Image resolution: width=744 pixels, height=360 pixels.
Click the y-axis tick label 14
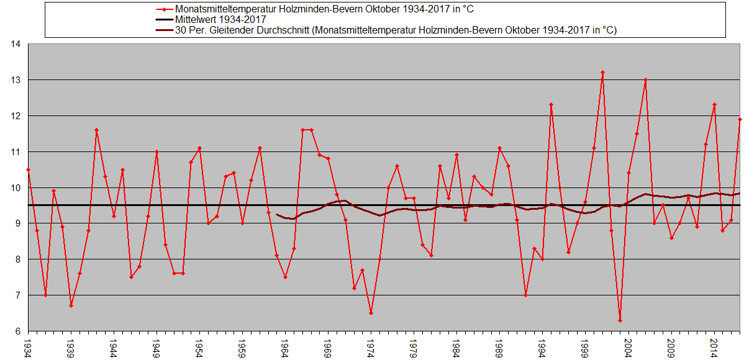[16, 44]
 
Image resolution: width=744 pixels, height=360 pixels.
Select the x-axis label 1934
[28, 344]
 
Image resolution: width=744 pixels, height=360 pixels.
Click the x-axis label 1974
[371, 344]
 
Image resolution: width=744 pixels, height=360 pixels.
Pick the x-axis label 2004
[628, 344]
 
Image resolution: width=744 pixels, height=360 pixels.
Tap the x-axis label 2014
[714, 344]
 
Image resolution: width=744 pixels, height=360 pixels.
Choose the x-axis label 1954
[199, 344]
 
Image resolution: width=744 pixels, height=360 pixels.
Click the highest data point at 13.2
[602, 73]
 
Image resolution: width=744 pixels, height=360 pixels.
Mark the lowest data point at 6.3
[620, 320]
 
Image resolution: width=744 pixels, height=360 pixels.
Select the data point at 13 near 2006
[645, 79]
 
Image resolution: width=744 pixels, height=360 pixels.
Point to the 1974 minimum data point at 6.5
[371, 313]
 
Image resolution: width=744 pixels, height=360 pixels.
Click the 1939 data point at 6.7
[71, 305]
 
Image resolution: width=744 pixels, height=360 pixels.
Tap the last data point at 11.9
[740, 119]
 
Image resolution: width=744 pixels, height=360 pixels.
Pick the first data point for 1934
[28, 169]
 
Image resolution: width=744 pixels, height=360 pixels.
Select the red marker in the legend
[163, 9]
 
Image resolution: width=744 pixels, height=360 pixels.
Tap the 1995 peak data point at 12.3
[551, 105]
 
